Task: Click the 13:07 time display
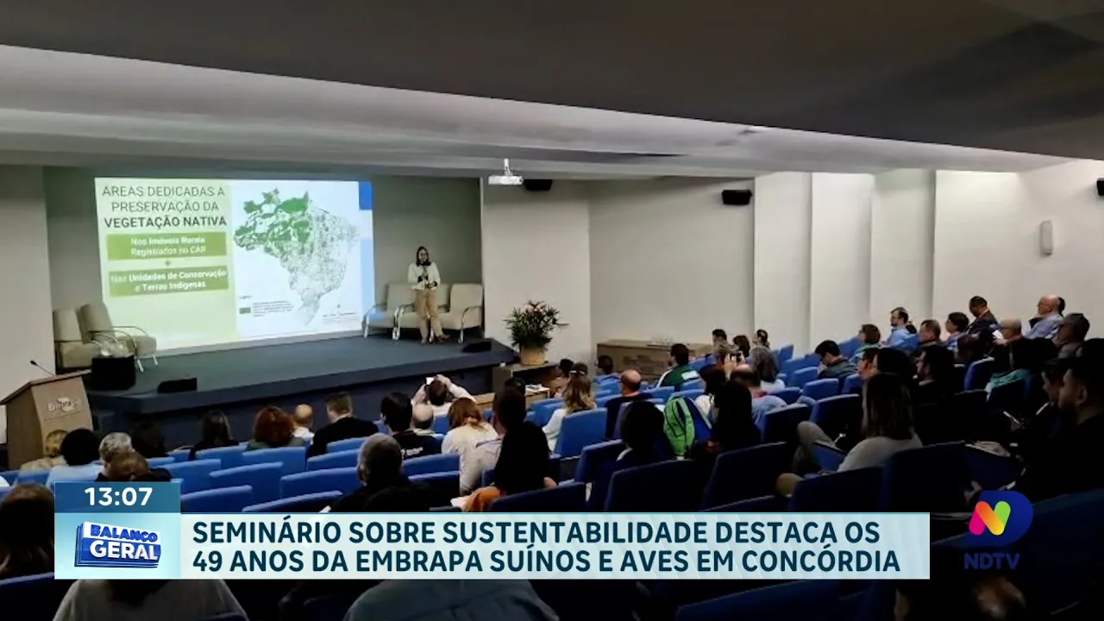click(117, 497)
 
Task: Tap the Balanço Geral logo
click(117, 545)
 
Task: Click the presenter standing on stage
click(424, 293)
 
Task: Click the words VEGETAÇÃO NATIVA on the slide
click(163, 220)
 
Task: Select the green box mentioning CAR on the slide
click(166, 246)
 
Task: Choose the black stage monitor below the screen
click(177, 385)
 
